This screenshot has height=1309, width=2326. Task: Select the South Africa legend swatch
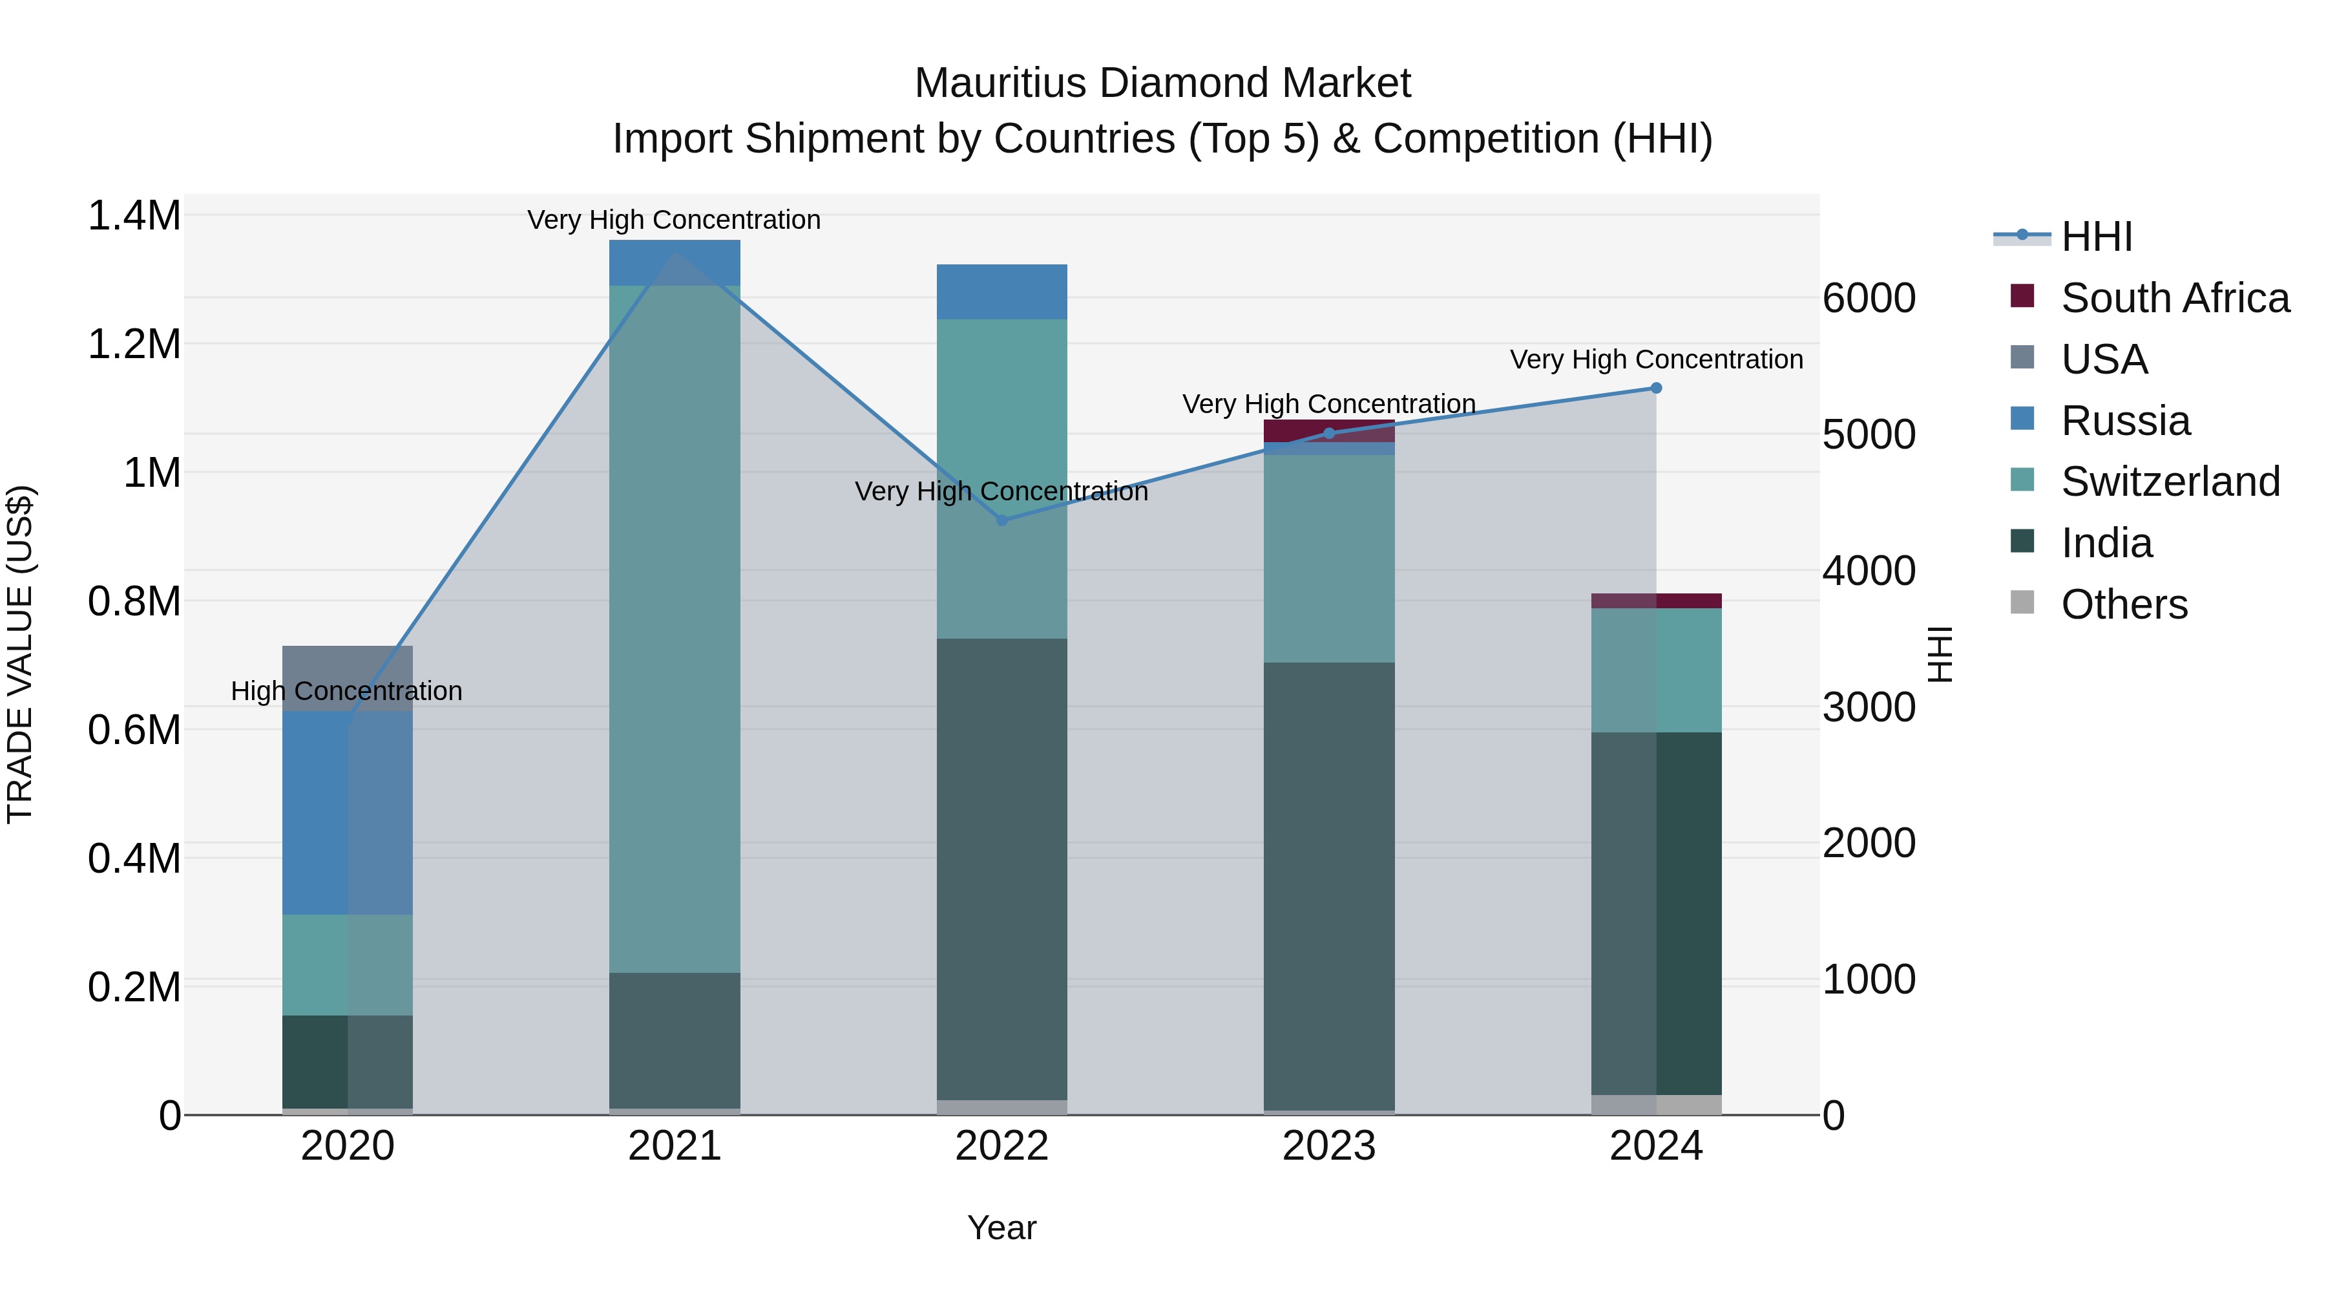tap(2022, 296)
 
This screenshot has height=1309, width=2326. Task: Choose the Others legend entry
tap(2124, 604)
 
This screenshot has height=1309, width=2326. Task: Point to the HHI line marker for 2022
tap(1001, 520)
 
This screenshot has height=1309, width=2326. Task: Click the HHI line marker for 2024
tap(1656, 388)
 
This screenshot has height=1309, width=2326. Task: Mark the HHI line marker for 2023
tap(1328, 434)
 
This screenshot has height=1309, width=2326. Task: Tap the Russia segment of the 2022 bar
tap(1001, 292)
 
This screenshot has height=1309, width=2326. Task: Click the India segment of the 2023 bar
tap(1328, 886)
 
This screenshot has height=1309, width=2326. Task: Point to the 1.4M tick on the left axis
tap(134, 217)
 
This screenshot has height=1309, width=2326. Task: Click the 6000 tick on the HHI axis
tap(1868, 299)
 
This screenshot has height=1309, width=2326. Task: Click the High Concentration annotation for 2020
tap(347, 691)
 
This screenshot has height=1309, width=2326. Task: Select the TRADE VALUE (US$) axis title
tap(21, 654)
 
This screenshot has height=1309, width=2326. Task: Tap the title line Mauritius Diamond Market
tap(1162, 83)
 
